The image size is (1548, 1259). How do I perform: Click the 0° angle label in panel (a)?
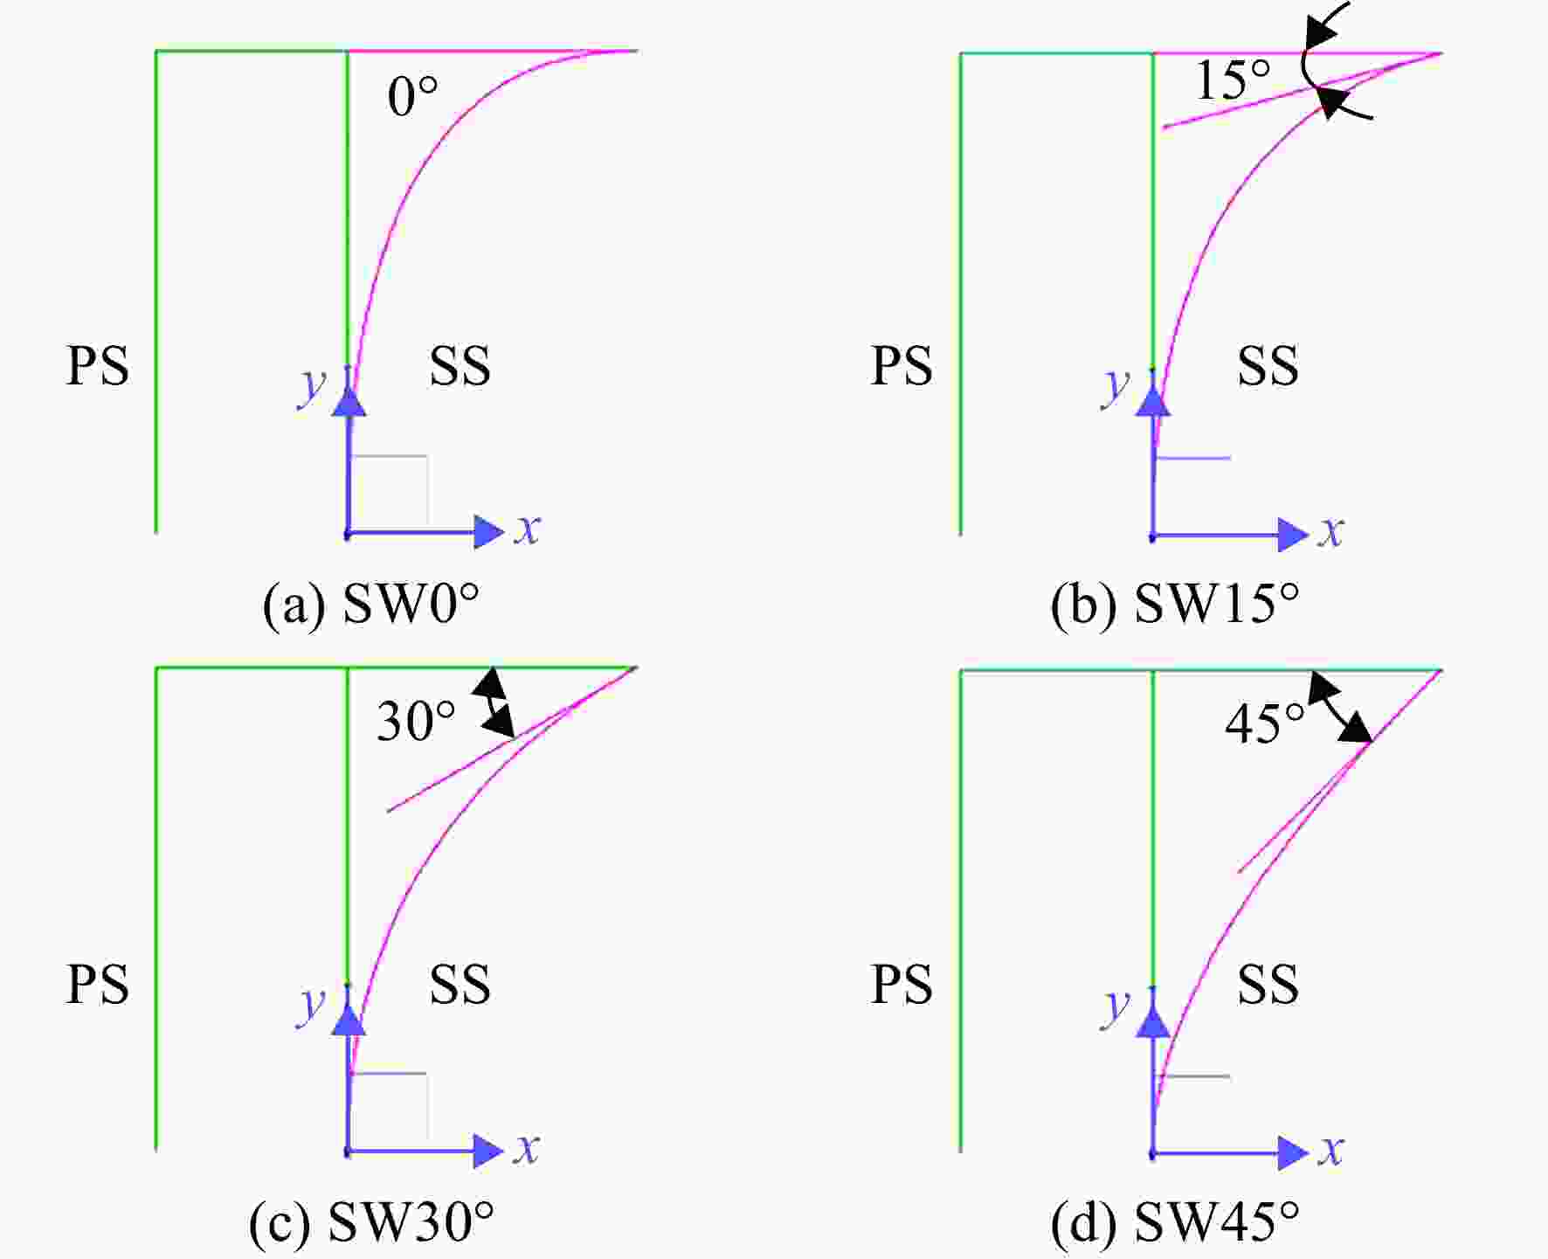(x=412, y=96)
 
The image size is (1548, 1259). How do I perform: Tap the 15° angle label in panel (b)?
(x=1233, y=80)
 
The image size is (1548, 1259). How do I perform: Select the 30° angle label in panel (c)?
(x=416, y=722)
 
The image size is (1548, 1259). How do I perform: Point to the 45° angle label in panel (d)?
(x=1264, y=723)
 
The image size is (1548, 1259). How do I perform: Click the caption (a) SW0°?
(x=371, y=603)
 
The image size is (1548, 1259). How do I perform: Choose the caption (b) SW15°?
(x=1174, y=603)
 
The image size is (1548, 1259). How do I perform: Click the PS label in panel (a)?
(x=97, y=365)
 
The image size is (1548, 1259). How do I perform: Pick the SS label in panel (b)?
(x=1268, y=365)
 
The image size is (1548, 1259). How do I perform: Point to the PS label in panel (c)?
(x=97, y=984)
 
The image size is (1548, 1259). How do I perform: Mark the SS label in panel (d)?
(x=1268, y=984)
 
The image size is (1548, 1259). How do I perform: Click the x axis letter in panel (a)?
(x=527, y=529)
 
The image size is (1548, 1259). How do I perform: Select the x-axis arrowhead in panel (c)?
(x=488, y=1152)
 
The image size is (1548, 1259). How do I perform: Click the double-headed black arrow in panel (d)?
(x=1340, y=706)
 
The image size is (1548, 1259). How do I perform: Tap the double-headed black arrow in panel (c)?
(x=494, y=702)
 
